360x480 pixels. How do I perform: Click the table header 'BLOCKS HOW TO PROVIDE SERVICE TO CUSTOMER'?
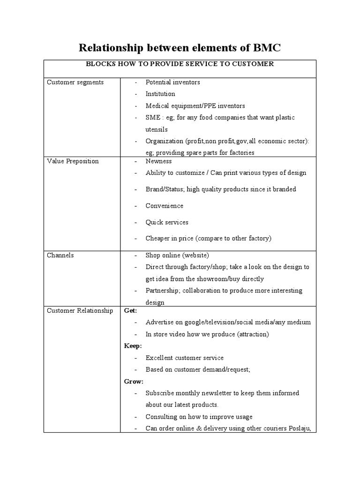[180, 64]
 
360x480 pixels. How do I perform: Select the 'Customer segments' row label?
[75, 82]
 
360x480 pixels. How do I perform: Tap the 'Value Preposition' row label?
[73, 161]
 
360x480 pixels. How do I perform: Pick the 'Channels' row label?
[60, 255]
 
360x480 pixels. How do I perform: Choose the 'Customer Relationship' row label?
[80, 311]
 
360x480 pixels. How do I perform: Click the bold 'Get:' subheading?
[130, 311]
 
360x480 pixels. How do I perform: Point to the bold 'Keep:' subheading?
[133, 346]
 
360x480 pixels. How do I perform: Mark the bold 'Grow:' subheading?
[134, 382]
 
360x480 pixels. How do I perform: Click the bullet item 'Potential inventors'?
[172, 82]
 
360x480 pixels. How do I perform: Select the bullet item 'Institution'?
[160, 94]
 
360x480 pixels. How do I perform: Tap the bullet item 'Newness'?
[158, 161]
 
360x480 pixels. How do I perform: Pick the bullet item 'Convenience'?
[164, 206]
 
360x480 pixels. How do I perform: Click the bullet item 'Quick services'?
[166, 222]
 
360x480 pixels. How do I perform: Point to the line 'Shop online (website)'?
[177, 255]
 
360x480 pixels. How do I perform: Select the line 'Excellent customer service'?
[185, 358]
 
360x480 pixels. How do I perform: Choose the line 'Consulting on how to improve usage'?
[199, 417]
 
